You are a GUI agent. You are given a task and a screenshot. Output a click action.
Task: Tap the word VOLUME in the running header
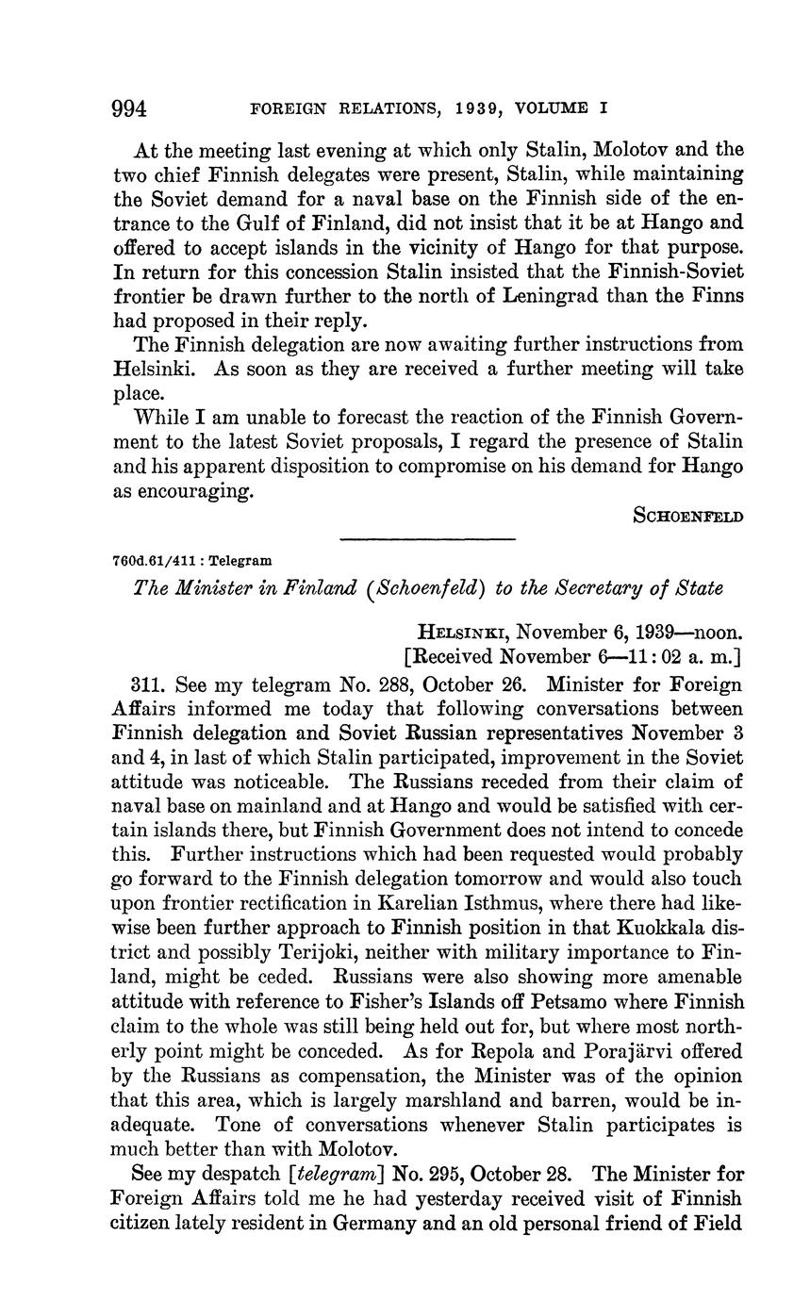pos(548,109)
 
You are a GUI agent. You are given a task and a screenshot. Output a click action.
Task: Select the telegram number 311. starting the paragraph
pos(153,684)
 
